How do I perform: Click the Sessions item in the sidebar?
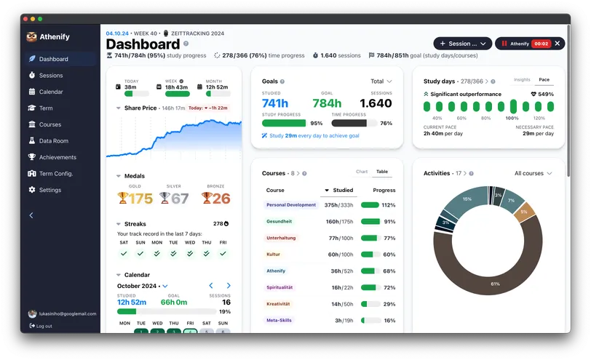pyautogui.click(x=50, y=76)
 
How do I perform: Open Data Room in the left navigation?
pyautogui.click(x=53, y=141)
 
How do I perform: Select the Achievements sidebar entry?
pyautogui.click(x=57, y=157)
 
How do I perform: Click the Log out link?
pyautogui.click(x=44, y=326)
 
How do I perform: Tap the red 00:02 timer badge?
pyautogui.click(x=541, y=44)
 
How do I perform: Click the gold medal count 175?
pyautogui.click(x=140, y=199)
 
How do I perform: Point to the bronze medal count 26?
pyautogui.click(x=221, y=199)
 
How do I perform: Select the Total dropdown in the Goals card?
pyautogui.click(x=381, y=81)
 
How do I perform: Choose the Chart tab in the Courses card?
pyautogui.click(x=362, y=172)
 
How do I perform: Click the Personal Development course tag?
pyautogui.click(x=292, y=205)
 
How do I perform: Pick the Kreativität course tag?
pyautogui.click(x=278, y=303)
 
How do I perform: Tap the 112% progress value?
pyautogui.click(x=389, y=205)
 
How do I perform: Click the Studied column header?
pyautogui.click(x=339, y=191)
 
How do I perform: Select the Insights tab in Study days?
pyautogui.click(x=522, y=80)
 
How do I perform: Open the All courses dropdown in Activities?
pyautogui.click(x=533, y=173)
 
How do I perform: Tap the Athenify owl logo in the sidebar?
pyautogui.click(x=31, y=37)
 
